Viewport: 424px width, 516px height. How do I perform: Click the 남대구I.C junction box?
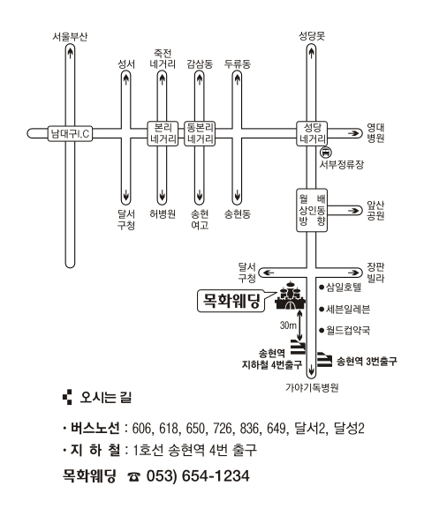click(70, 133)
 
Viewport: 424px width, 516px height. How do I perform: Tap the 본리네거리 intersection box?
click(163, 133)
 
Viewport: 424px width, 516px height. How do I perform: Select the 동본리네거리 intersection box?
click(200, 133)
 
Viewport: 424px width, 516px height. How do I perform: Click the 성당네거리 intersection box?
click(312, 133)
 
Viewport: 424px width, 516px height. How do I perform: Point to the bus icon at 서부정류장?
click(325, 152)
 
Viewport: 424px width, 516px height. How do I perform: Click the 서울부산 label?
click(70, 36)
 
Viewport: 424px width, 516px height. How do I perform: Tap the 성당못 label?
click(312, 35)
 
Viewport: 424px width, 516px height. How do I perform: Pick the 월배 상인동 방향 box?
click(312, 210)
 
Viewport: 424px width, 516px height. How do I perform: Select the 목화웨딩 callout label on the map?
click(231, 301)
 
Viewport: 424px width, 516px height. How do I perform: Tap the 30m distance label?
click(288, 325)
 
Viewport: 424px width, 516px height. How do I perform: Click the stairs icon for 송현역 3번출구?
click(324, 359)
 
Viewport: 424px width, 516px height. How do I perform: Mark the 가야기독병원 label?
click(312, 387)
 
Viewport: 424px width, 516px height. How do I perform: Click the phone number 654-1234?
click(216, 475)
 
